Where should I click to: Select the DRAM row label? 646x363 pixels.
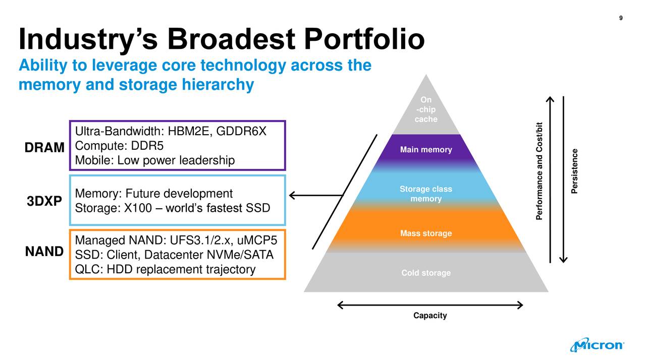pyautogui.click(x=44, y=148)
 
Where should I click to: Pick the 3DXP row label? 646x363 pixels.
pyautogui.click(x=44, y=202)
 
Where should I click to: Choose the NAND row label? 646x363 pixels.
pyautogui.click(x=44, y=251)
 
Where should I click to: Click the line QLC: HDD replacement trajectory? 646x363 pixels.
pyautogui.click(x=165, y=270)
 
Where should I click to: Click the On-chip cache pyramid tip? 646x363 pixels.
pyautogui.click(x=426, y=110)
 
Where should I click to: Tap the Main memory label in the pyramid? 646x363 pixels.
pyautogui.click(x=426, y=150)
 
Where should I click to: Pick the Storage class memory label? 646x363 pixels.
pyautogui.click(x=426, y=194)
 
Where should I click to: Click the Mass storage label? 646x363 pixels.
pyautogui.click(x=426, y=233)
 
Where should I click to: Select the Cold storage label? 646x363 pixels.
pyautogui.click(x=426, y=273)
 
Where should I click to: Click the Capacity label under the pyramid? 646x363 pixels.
pyautogui.click(x=430, y=316)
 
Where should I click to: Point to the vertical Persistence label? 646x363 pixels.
pyautogui.click(x=574, y=171)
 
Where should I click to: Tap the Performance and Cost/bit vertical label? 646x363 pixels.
pyautogui.click(x=540, y=171)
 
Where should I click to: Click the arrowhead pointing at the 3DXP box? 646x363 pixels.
pyautogui.click(x=293, y=196)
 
